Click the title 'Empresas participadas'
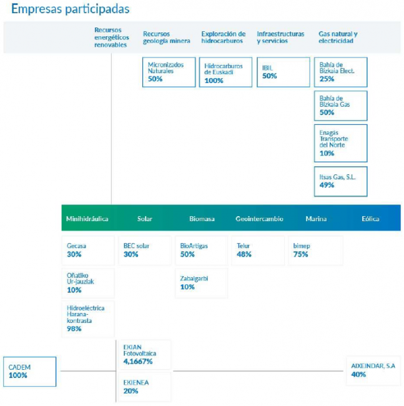71,9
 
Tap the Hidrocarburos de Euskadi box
225,72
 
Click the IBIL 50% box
282,72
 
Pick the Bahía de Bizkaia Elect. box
340,72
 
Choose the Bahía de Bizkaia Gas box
340,106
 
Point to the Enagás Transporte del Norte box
340,143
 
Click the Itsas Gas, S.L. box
340,181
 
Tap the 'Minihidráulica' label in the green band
87,219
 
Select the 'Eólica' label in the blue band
370,219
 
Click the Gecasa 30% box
88,250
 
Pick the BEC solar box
144,250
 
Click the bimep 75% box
315,250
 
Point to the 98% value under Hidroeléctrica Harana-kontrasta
75,329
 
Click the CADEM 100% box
29,372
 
